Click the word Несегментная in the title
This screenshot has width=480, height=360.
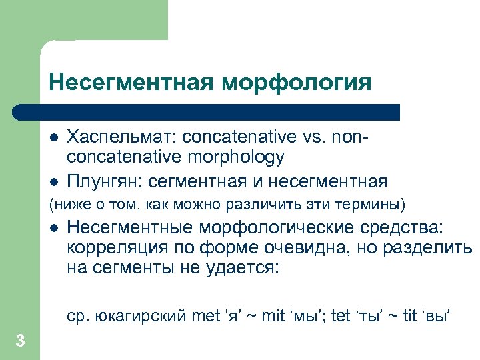click(x=131, y=83)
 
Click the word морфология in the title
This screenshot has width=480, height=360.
click(x=297, y=83)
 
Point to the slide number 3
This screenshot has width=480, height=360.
click(x=20, y=341)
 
